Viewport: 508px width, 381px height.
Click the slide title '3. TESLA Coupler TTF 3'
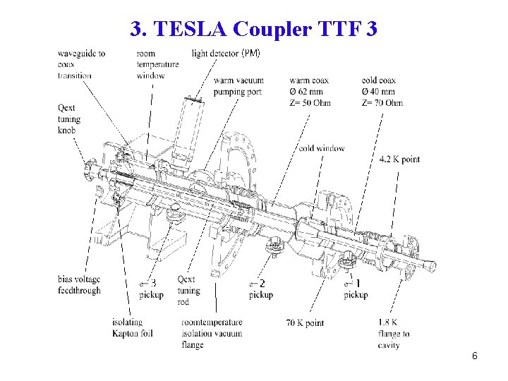pyautogui.click(x=254, y=29)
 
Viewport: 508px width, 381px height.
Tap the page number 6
pyautogui.click(x=475, y=356)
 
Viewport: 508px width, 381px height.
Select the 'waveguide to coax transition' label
pyautogui.click(x=82, y=64)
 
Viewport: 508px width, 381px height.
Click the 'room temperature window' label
pyautogui.click(x=157, y=64)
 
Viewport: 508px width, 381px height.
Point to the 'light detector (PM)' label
pyautogui.click(x=226, y=54)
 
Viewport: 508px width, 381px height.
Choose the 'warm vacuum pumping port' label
pyautogui.click(x=238, y=86)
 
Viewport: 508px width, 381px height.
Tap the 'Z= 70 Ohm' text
pyautogui.click(x=382, y=103)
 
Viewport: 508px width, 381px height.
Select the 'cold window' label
pyautogui.click(x=321, y=148)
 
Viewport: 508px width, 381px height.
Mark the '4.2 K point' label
pyautogui.click(x=399, y=159)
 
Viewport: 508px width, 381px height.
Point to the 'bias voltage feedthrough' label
pyautogui.click(x=79, y=284)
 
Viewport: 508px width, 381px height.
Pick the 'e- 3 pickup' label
pyautogui.click(x=151, y=289)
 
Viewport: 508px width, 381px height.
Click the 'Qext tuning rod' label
pyautogui.click(x=188, y=290)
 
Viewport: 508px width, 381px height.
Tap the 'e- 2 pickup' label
pyautogui.click(x=260, y=289)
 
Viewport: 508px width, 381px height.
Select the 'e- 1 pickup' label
pyautogui.click(x=356, y=289)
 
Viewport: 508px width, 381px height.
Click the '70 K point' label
pyautogui.click(x=305, y=323)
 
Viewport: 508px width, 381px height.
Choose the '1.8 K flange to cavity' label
pyautogui.click(x=394, y=334)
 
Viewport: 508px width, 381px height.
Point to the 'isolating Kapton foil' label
pyautogui.click(x=132, y=328)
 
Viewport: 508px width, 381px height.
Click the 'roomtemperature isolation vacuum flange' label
pyautogui.click(x=211, y=334)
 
